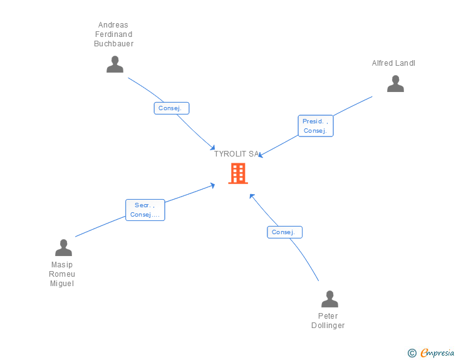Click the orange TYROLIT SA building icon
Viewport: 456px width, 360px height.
coord(238,173)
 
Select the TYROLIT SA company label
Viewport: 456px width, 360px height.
coord(236,154)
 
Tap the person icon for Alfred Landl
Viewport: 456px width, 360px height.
coord(395,84)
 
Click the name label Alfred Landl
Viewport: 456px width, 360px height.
coord(393,63)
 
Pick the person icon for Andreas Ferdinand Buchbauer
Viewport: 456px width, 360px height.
coord(115,64)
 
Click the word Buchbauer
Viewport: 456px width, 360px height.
coord(114,44)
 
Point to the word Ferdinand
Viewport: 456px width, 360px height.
coord(114,34)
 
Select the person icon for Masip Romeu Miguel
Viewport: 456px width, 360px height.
coord(63,248)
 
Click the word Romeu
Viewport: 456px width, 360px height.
coord(62,274)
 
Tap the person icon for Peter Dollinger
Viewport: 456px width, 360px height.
coord(329,299)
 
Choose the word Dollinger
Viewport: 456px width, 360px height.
coord(328,325)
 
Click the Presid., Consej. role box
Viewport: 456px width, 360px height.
coord(316,126)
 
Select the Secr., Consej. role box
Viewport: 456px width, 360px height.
coord(145,210)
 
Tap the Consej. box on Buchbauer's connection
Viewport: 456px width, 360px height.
coord(172,108)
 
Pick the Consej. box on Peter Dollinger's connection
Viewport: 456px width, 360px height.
coord(285,232)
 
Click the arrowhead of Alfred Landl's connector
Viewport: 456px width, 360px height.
coord(260,155)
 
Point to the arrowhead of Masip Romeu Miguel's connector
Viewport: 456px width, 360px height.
coord(213,185)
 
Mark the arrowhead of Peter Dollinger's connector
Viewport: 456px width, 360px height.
coord(252,196)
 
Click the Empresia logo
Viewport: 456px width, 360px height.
coord(437,353)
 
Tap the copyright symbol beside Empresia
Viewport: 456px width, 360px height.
coord(412,353)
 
